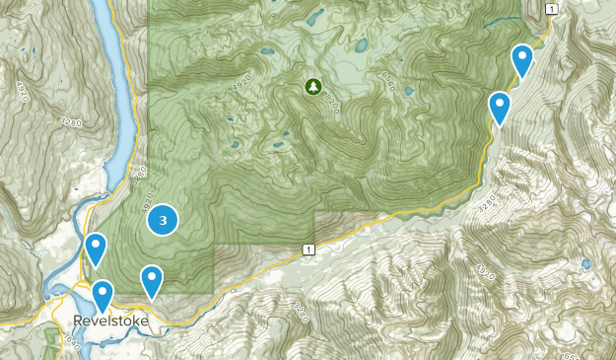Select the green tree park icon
pos(312,87)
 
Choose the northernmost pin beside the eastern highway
pos(522,60)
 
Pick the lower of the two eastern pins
pos(500,107)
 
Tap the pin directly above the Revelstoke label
pos(103,295)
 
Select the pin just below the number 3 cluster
pos(151,281)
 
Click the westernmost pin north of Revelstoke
pos(95,249)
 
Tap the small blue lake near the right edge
pos(587,264)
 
